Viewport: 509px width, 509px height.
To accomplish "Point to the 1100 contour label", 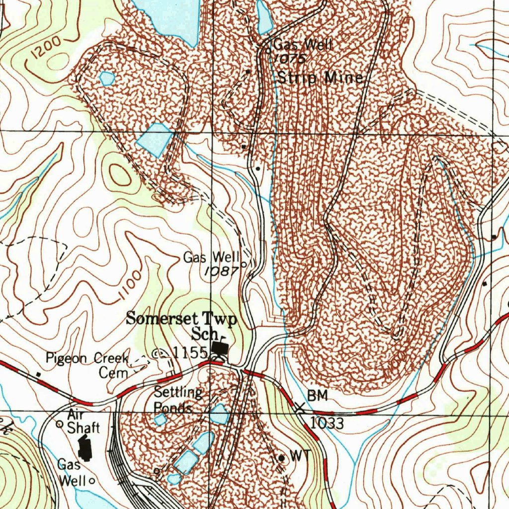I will coord(127,287).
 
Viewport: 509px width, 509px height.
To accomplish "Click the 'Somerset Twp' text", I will coord(181,318).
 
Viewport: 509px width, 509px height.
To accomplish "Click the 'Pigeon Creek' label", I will coord(87,357).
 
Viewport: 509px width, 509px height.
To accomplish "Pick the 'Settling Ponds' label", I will coord(176,400).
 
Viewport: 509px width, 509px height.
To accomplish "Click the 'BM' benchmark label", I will coord(318,396).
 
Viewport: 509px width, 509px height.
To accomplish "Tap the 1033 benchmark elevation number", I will coord(327,424).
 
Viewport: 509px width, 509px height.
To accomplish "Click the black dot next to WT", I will coord(281,457).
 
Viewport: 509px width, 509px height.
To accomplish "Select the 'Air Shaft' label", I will coord(82,421).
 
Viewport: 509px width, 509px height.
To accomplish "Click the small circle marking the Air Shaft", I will coord(59,424).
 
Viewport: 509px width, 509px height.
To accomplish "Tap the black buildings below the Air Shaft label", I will coord(86,447).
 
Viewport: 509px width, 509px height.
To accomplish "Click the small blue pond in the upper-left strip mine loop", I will coord(107,78).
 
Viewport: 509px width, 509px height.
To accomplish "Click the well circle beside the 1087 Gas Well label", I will coord(244,265).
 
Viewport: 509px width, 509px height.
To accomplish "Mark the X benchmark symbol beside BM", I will coord(300,409).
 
